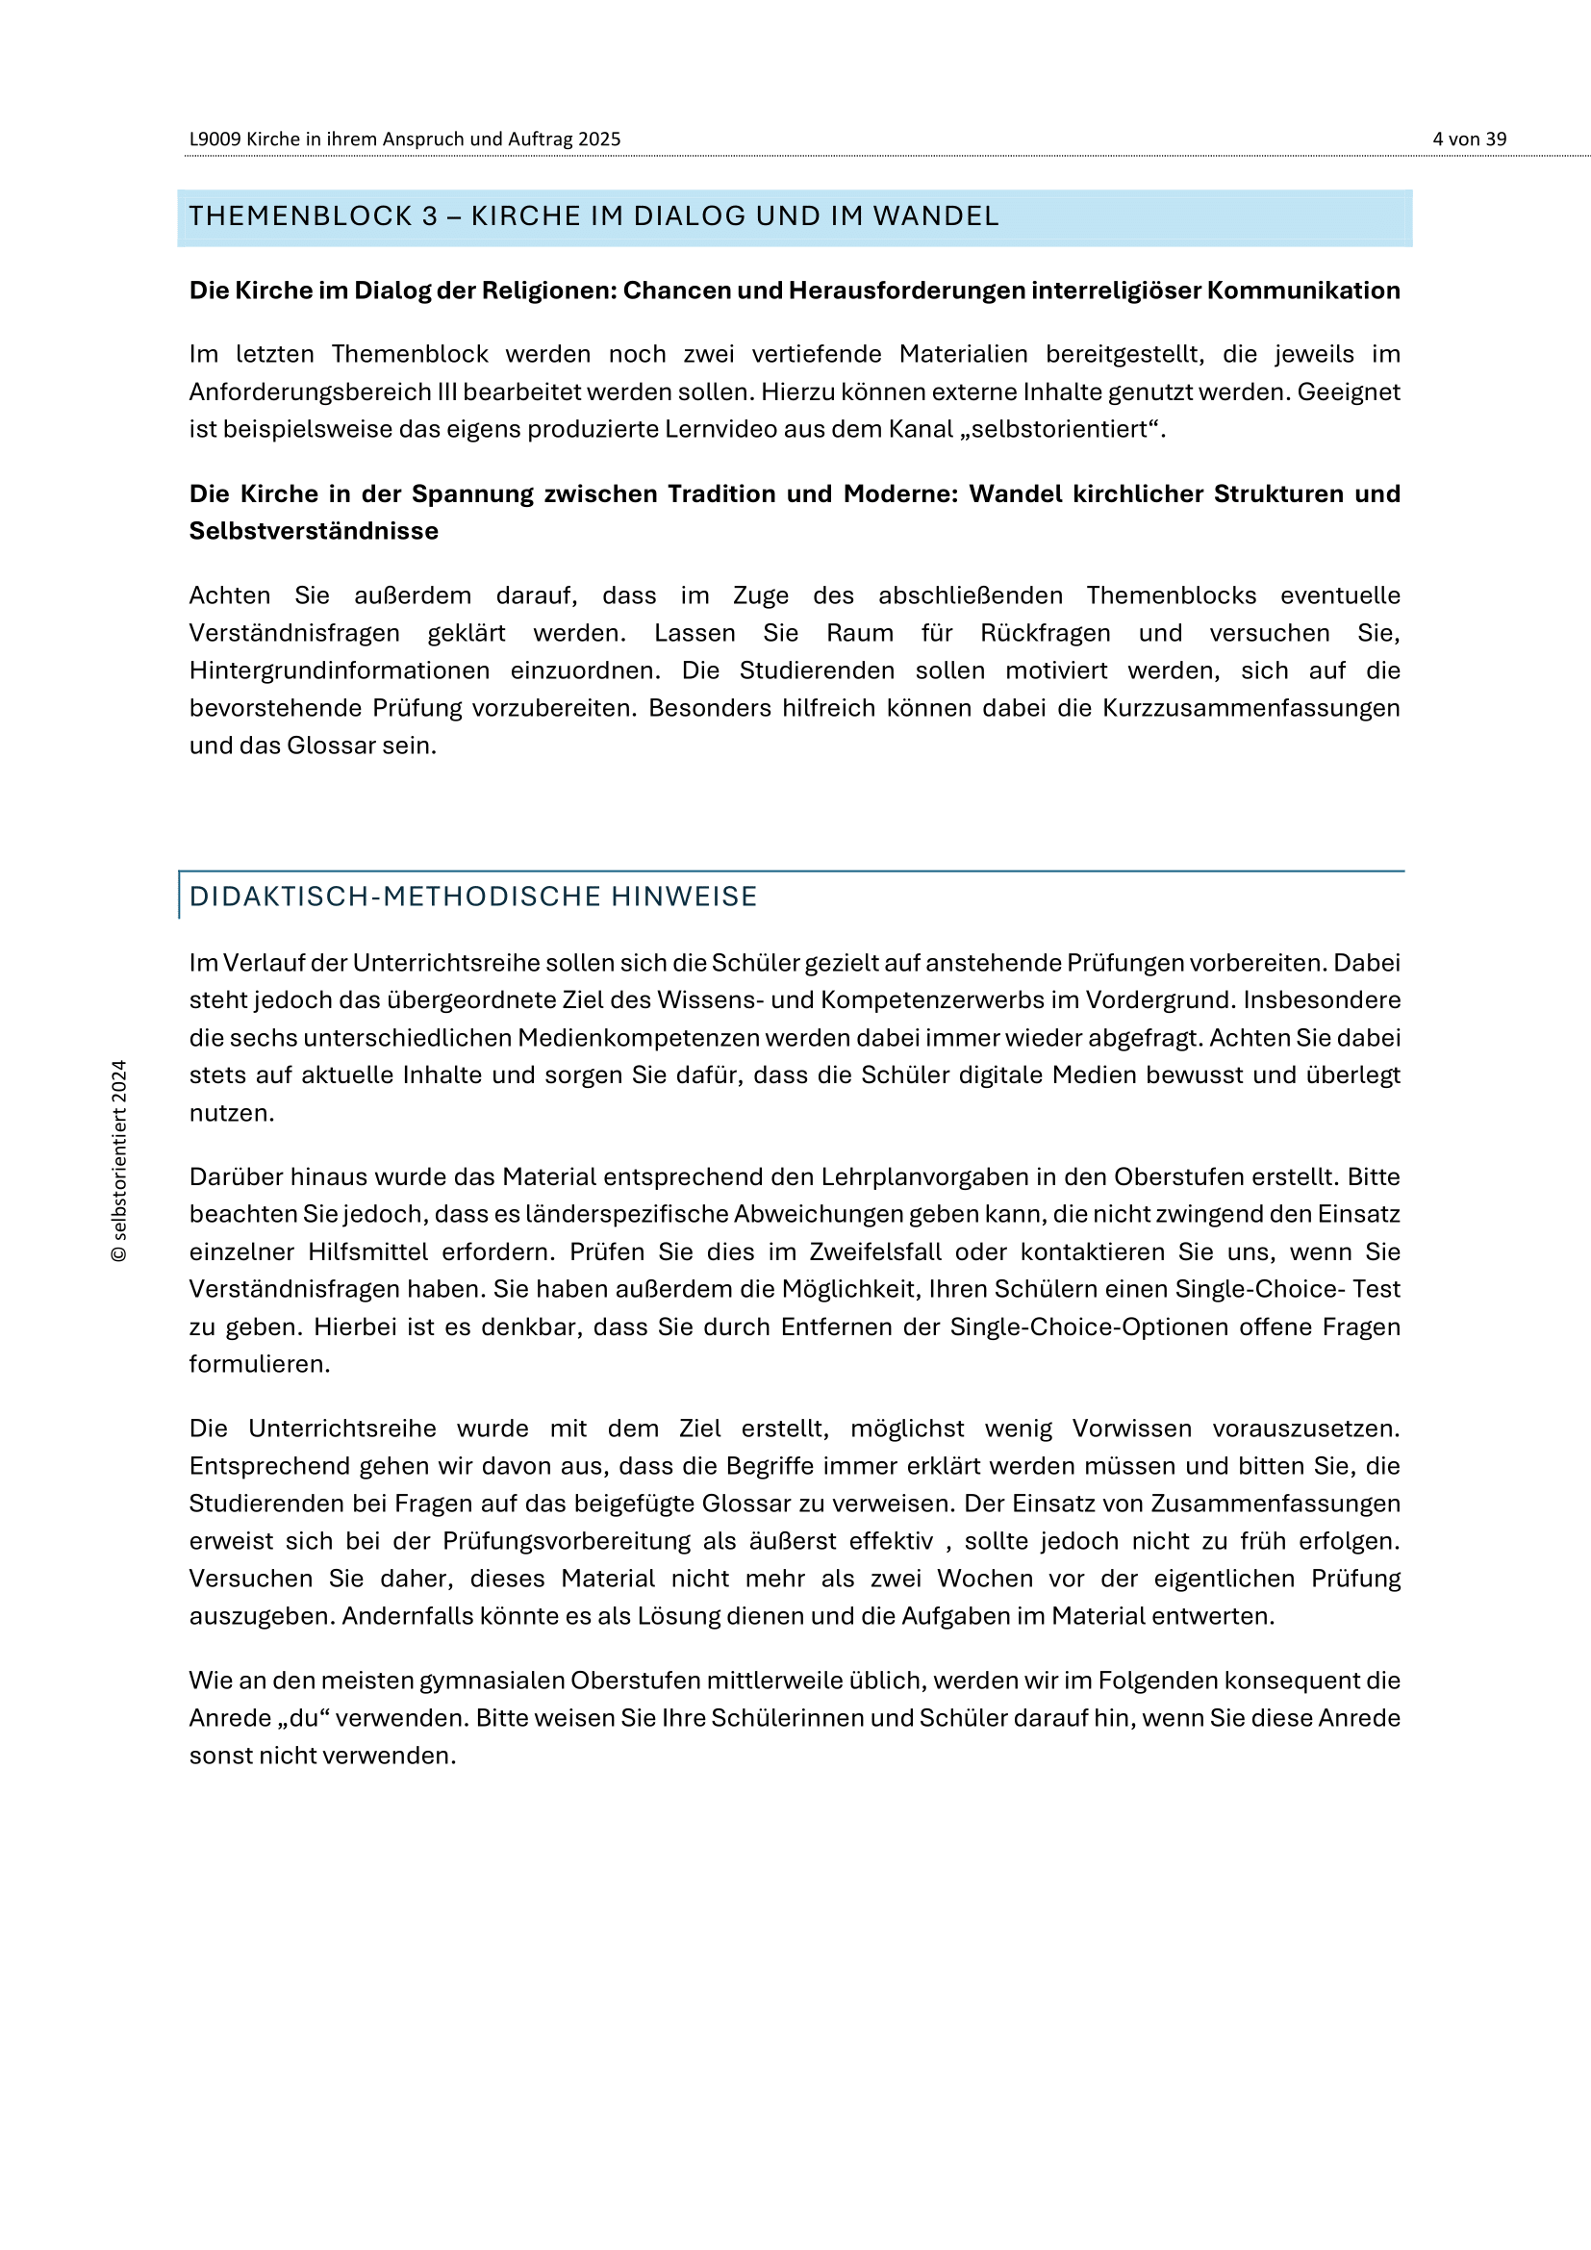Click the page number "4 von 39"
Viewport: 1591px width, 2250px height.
coord(1469,139)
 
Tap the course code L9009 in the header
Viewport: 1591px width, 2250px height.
coord(215,139)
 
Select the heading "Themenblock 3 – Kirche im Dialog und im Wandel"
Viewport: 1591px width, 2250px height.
coord(593,216)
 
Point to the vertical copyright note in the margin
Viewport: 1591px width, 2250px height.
coord(119,1161)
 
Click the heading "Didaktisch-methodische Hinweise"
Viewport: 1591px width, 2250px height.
coord(473,897)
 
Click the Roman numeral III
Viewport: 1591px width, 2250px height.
coord(445,392)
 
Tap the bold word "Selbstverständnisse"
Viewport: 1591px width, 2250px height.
coord(314,531)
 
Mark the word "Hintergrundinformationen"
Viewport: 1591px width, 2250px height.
coord(339,670)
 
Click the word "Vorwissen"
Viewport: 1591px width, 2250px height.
coord(1131,1428)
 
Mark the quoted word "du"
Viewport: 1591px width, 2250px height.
coord(303,1718)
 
